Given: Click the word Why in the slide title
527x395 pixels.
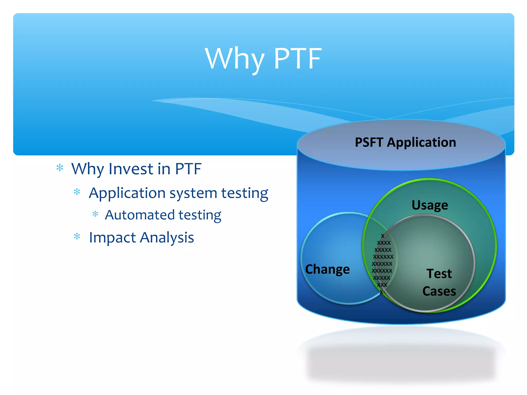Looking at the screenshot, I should click(235, 59).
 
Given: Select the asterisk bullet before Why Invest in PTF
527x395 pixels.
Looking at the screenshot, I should click(60, 168).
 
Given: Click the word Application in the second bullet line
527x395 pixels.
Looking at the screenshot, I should click(127, 193).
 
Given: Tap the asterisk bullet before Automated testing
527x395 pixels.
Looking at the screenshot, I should click(95, 214).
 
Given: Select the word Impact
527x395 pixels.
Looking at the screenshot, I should click(112, 237).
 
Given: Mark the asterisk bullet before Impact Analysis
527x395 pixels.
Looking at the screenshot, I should click(77, 237).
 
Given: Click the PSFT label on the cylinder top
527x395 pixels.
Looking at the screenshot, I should click(369, 142).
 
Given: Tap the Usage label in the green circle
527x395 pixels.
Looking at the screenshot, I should click(430, 205).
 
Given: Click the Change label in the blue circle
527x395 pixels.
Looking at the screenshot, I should click(327, 270).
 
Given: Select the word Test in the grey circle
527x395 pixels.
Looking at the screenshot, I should click(439, 273).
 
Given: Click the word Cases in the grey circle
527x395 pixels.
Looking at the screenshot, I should click(439, 291).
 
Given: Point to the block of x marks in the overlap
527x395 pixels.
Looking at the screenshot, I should click(382, 264).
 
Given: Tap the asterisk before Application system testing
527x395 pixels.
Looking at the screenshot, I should click(77, 192).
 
